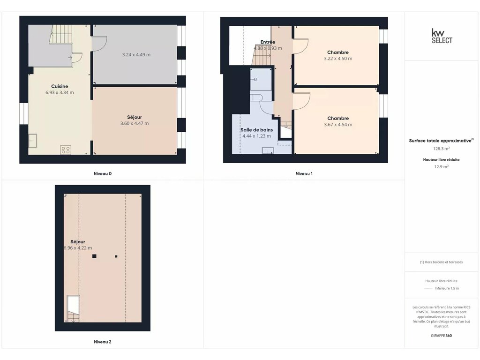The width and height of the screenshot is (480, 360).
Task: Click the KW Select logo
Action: point(442,36)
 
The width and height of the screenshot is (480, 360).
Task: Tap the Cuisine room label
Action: point(60,86)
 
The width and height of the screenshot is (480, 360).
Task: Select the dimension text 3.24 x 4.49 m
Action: point(136,55)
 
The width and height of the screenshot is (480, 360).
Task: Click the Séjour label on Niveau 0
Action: point(135,117)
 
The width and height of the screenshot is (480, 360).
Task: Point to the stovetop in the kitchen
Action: point(66,150)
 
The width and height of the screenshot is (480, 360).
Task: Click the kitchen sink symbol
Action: point(33,141)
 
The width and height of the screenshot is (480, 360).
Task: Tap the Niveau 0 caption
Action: point(103,173)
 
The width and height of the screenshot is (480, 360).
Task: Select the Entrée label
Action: point(268,42)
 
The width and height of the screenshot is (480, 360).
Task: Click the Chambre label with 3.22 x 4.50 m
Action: point(338,52)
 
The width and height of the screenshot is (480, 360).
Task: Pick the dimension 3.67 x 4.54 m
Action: point(338,125)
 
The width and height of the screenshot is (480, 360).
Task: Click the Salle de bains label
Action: point(256,130)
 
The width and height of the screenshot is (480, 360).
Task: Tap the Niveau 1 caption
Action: point(304,173)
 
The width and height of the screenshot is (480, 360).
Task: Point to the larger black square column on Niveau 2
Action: point(94,256)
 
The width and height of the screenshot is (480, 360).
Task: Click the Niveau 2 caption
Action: point(103,342)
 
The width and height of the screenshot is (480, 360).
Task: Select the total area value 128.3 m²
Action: point(442,149)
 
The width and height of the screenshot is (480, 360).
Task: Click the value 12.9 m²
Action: point(442,167)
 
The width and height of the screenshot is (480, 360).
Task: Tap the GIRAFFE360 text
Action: point(442,336)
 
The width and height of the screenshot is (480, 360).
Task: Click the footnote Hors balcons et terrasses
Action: point(442,262)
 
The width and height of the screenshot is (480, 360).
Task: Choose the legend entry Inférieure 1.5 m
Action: point(447,288)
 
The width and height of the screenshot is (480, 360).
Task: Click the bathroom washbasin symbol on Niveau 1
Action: point(268,150)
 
